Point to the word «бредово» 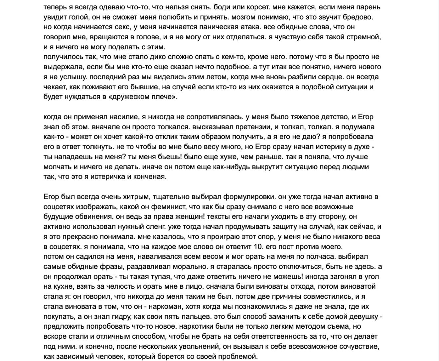point(358,17)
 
